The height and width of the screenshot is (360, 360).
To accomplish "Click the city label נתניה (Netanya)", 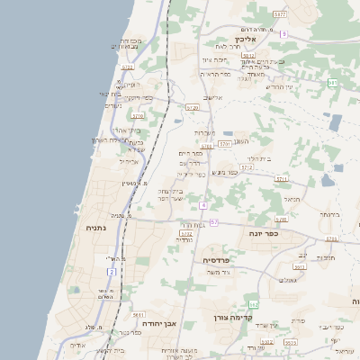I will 96,229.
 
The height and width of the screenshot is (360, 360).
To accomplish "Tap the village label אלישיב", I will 213,97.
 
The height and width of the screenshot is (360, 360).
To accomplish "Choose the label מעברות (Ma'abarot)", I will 204,133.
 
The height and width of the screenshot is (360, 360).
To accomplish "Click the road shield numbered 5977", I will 280,15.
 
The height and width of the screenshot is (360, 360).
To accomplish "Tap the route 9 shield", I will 283,33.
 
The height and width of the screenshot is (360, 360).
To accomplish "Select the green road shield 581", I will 333,83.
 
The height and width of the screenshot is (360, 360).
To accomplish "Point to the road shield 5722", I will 186,233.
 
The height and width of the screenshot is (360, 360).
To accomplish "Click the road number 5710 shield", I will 138,116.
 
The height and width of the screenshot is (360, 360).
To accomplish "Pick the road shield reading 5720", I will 192,107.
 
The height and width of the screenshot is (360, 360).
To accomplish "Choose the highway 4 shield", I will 204,205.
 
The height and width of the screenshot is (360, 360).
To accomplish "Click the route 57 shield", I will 214,220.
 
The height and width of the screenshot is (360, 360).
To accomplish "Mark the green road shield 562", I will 254,304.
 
